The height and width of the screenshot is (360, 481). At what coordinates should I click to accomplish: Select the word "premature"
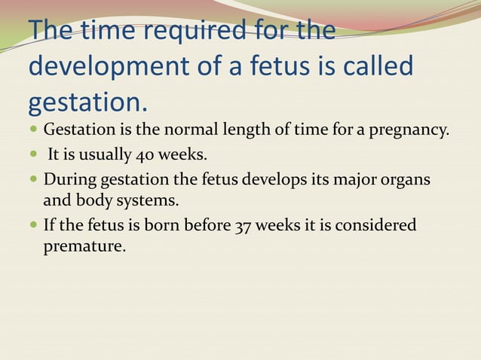click(83, 246)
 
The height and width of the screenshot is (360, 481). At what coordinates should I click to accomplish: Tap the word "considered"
click(378, 226)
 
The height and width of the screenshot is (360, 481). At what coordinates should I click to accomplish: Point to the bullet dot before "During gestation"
click(35, 181)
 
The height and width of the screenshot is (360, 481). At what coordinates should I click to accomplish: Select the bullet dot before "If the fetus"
click(35, 226)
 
